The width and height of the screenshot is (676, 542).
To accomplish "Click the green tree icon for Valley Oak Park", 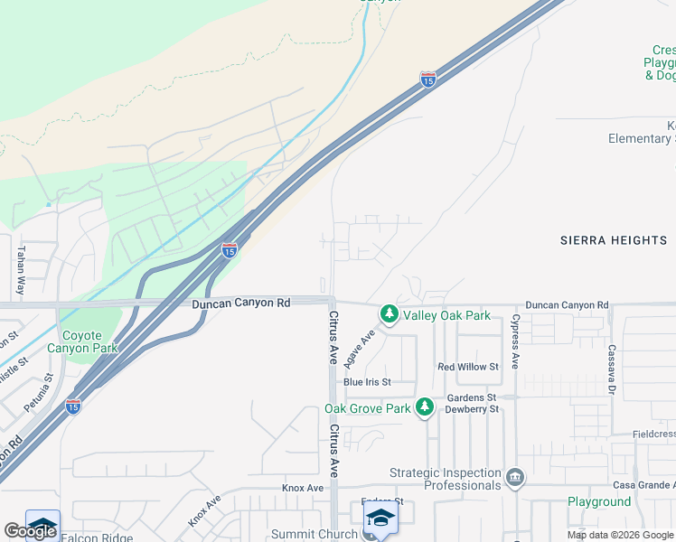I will coord(390,314).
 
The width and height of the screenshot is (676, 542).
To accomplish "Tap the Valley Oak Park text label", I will coord(446,315).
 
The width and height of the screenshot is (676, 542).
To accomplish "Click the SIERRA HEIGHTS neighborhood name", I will coord(614,240).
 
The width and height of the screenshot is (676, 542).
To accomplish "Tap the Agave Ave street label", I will coord(360,349).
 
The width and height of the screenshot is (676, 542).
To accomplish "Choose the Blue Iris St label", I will coord(366,382).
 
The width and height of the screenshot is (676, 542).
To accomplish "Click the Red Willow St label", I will coord(468,367).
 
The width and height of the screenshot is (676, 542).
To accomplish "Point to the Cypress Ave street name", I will coord(515,341).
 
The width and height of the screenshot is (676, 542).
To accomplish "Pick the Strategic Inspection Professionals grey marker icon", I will coord(515,477).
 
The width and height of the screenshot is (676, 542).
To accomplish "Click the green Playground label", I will coord(599,501).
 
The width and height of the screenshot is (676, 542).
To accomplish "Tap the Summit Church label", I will coord(315,534).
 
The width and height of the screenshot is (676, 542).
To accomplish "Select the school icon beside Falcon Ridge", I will coord(42,526).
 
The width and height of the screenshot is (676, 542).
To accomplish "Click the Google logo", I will coord(30,531).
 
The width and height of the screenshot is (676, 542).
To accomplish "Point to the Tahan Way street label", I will coord(21,270).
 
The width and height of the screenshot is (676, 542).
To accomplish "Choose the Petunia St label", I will coord(37,393).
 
